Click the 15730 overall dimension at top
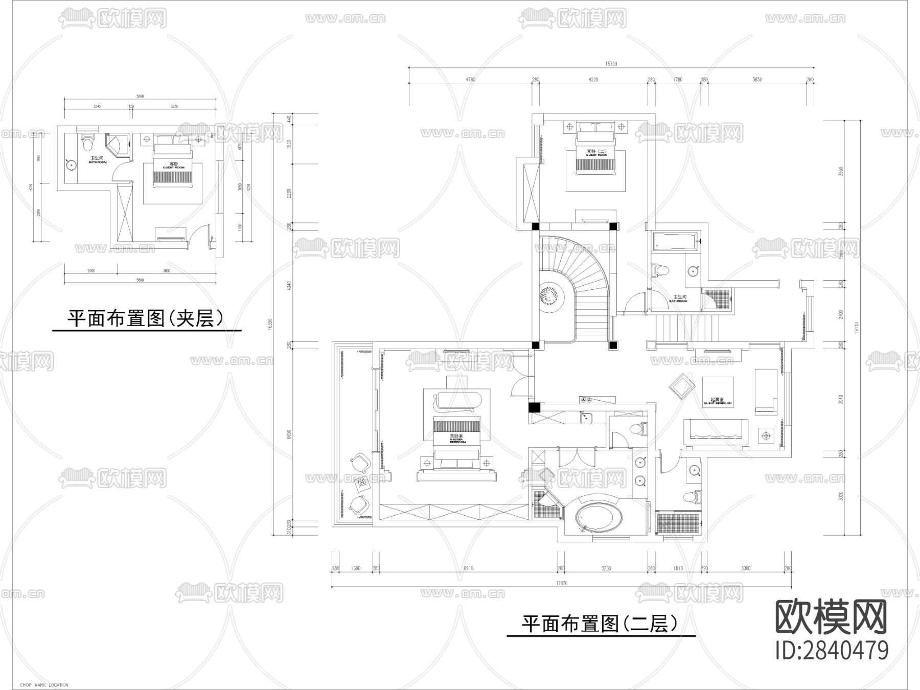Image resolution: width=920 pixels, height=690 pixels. coord(611,64)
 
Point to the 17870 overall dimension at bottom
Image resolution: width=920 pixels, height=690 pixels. coord(561,583)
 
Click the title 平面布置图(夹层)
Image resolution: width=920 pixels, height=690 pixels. coord(146,318)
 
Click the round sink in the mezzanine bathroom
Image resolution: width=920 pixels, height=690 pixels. coord(71,165)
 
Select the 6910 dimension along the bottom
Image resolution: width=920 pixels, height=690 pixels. coord(468,568)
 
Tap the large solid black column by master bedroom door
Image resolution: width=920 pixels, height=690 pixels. coord(534,407)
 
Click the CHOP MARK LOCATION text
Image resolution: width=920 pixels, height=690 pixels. coord(44,685)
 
